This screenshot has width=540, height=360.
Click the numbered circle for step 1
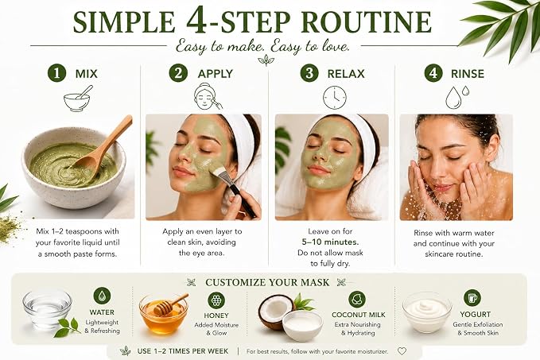click(x=56, y=73)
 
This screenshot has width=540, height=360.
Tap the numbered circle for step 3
click(x=309, y=73)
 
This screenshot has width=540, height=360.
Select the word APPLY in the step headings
click(x=216, y=74)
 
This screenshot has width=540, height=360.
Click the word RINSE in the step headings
click(x=468, y=74)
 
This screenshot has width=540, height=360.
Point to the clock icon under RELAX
click(x=335, y=98)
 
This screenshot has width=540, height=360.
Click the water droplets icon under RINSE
click(x=457, y=97)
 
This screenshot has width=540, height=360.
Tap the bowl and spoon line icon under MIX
click(x=77, y=99)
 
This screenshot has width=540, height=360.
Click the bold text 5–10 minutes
click(x=330, y=242)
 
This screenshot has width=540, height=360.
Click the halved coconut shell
click(x=275, y=311)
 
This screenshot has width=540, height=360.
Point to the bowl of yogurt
click(x=427, y=312)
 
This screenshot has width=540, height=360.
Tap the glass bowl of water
click(x=47, y=308)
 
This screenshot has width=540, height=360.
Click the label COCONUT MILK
click(x=359, y=315)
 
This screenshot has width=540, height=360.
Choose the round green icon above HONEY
click(x=216, y=300)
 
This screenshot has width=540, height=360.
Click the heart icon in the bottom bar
click(x=402, y=351)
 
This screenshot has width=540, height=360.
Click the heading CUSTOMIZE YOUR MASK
click(x=267, y=283)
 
